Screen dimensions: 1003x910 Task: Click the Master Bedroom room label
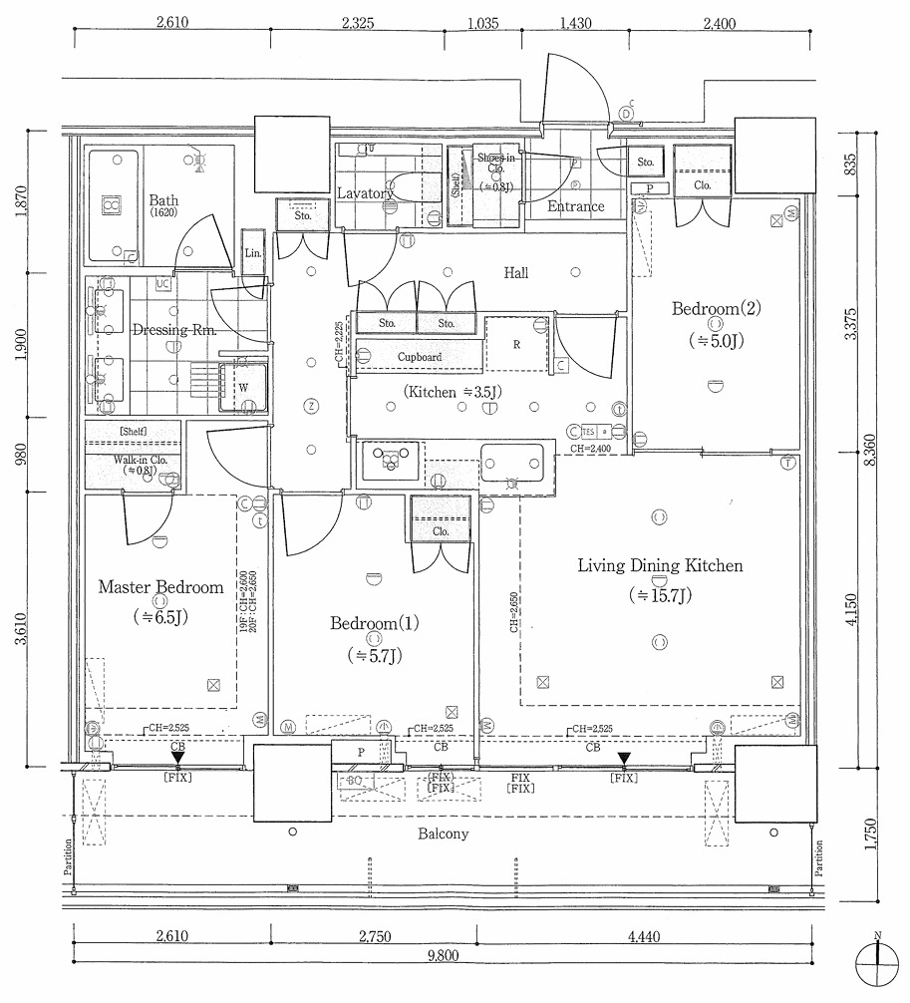pyautogui.click(x=160, y=587)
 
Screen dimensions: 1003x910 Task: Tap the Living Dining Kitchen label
pyautogui.click(x=660, y=566)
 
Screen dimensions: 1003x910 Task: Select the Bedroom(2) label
pyautogui.click(x=716, y=309)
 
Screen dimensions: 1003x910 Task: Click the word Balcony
pyautogui.click(x=443, y=834)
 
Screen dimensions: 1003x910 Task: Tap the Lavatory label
pyautogui.click(x=365, y=193)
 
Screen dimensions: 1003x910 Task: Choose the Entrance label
pyautogui.click(x=576, y=206)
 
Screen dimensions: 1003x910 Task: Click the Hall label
pyautogui.click(x=516, y=272)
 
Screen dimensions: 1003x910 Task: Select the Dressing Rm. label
pyautogui.click(x=173, y=330)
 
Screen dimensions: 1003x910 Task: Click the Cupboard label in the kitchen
pyautogui.click(x=419, y=357)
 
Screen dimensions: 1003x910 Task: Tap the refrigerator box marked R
pyautogui.click(x=516, y=344)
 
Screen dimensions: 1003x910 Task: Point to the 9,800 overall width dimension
pyautogui.click(x=444, y=956)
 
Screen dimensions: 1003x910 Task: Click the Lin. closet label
pyautogui.click(x=252, y=254)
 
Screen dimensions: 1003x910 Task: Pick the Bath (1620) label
pyautogui.click(x=163, y=204)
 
